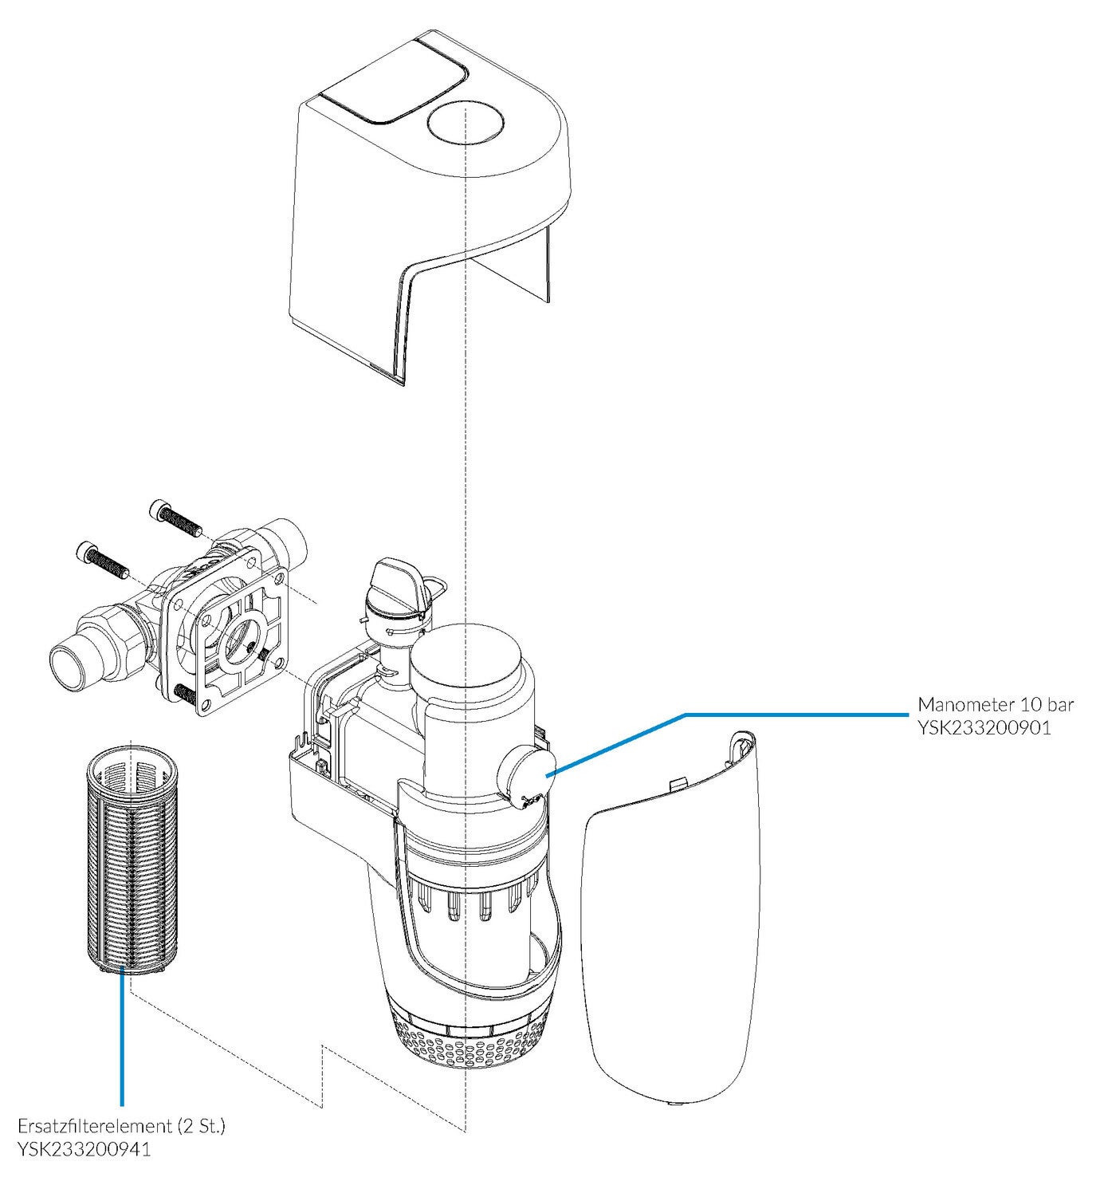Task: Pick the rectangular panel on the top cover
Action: coord(394,83)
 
